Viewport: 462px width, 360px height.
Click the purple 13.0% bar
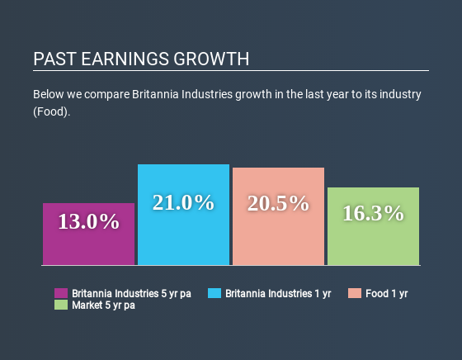click(89, 234)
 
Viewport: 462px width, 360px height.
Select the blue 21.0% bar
click(183, 215)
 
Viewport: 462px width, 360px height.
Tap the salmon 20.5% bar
click(279, 216)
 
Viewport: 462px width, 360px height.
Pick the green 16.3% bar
click(373, 226)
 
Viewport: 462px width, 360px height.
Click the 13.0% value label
click(89, 221)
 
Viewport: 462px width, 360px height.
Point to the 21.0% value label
click(183, 202)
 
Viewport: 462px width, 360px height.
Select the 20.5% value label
click(278, 203)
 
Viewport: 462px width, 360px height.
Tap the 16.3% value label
click(373, 213)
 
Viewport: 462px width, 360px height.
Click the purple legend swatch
click(61, 293)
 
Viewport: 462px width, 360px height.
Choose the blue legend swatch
click(214, 293)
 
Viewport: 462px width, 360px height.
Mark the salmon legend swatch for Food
click(355, 293)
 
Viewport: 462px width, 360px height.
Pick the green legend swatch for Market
click(61, 305)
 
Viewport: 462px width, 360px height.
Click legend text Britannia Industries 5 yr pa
click(131, 294)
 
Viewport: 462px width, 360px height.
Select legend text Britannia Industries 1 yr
click(278, 294)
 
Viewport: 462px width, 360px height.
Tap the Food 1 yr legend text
click(387, 294)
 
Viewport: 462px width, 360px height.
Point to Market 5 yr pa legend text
click(103, 306)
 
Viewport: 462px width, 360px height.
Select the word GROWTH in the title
click(211, 59)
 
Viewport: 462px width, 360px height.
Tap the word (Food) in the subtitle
click(50, 111)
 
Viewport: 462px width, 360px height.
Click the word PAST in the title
click(54, 59)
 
